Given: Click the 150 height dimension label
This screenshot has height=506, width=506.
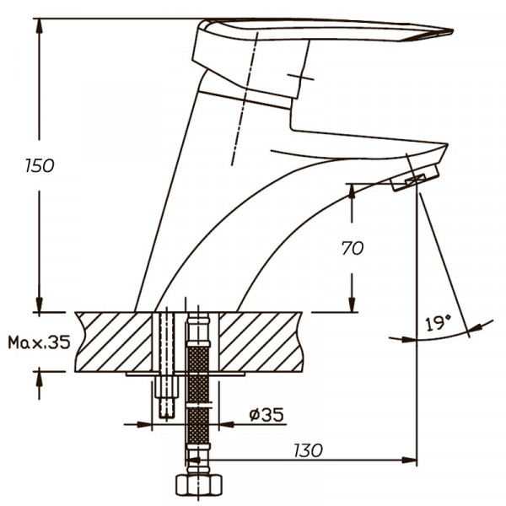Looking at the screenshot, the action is tap(40, 166).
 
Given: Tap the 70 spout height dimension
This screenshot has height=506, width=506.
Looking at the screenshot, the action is tap(353, 248).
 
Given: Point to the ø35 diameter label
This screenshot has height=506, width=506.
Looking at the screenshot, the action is tap(266, 415).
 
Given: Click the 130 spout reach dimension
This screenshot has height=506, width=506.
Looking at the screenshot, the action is tap(308, 450).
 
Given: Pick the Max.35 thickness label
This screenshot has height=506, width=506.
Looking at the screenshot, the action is tap(39, 342).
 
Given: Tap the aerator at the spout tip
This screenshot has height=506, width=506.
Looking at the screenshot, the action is tap(415, 178).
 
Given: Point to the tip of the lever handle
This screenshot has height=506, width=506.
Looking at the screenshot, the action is tap(453, 31).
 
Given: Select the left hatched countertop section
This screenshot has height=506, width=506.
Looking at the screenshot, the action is tap(114, 342).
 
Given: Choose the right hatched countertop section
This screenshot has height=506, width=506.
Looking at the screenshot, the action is tap(261, 342).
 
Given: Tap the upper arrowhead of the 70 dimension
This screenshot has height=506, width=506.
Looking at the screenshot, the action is tap(352, 191).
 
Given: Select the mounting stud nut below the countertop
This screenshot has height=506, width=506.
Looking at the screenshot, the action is tap(167, 387).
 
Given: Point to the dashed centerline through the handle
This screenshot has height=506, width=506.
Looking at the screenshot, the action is tap(245, 99).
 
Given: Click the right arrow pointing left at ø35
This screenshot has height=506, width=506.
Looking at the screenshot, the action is tap(227, 424).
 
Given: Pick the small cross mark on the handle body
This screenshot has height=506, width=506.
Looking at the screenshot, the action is tap(300, 77).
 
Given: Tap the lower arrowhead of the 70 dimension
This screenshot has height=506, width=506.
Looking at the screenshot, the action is tap(352, 304).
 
